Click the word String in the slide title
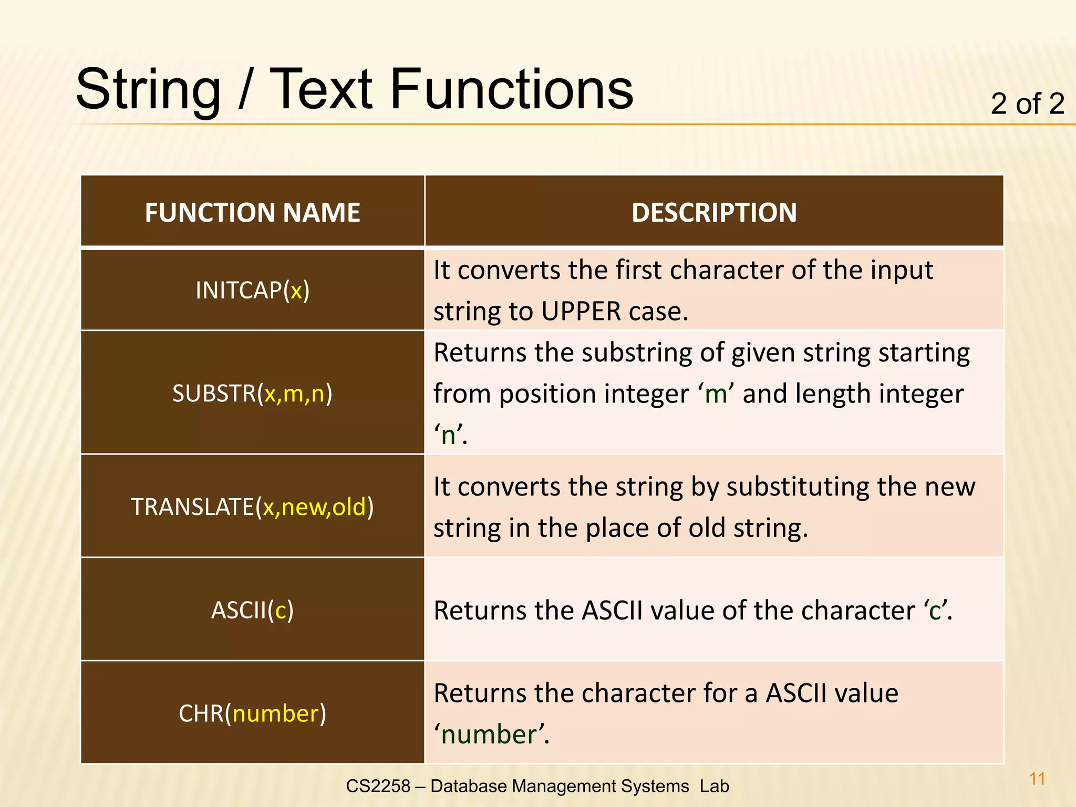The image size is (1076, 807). [x=148, y=90]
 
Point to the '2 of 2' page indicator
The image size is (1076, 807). [x=1027, y=104]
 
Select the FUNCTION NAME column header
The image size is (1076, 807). [x=252, y=213]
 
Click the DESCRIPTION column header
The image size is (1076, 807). [x=714, y=213]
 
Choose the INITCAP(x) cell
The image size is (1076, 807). [x=252, y=290]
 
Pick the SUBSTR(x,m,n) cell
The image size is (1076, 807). [x=252, y=393]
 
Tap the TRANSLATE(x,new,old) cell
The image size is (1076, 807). [x=252, y=506]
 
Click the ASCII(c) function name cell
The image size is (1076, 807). [x=252, y=610]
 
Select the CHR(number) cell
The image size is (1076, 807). [x=252, y=713]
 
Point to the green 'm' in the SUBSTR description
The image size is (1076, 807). [x=716, y=394]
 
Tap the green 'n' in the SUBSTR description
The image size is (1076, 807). [x=449, y=436]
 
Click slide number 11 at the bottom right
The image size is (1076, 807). [x=1037, y=779]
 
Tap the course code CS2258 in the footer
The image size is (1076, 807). [x=378, y=786]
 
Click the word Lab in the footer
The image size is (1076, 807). [x=714, y=786]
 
